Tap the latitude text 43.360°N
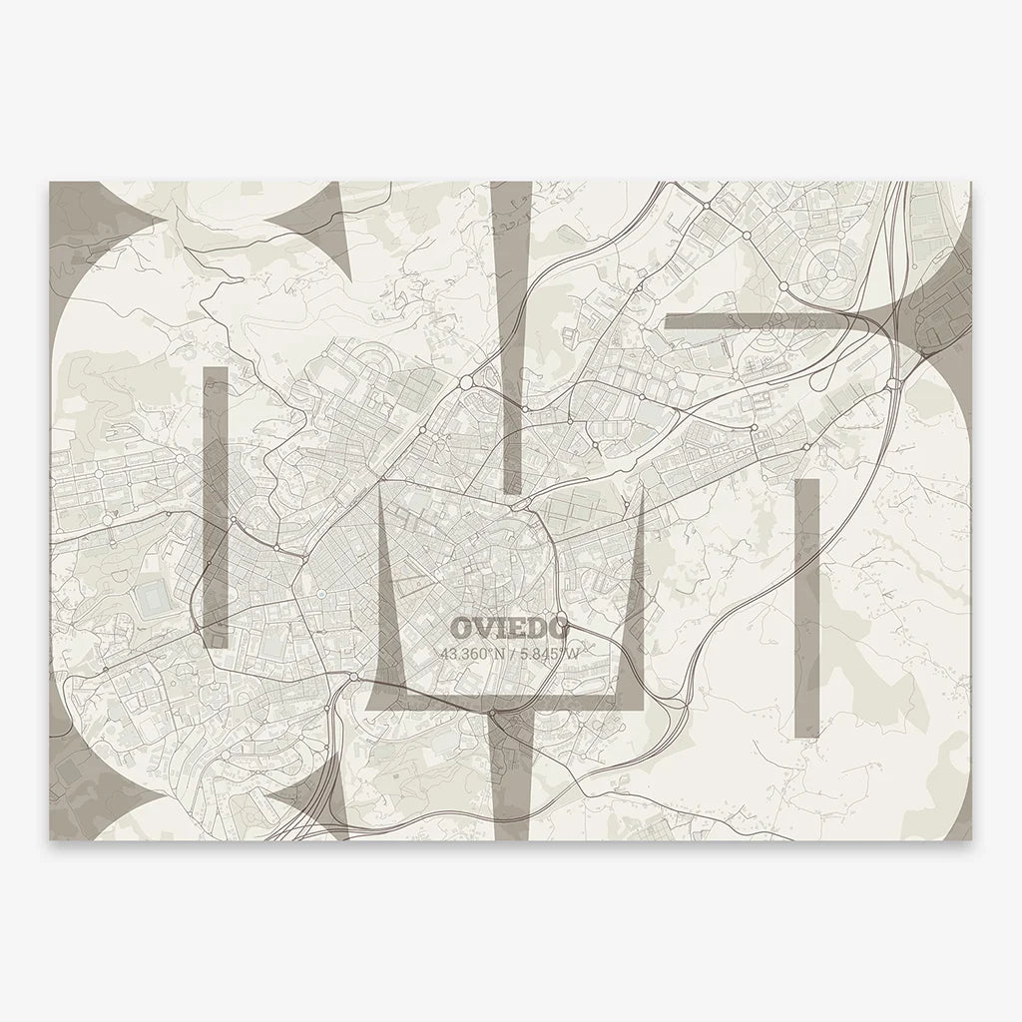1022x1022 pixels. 474,655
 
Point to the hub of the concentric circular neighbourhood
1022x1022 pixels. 830,267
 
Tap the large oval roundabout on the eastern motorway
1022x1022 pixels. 893,382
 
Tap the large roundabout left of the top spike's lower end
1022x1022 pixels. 465,381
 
